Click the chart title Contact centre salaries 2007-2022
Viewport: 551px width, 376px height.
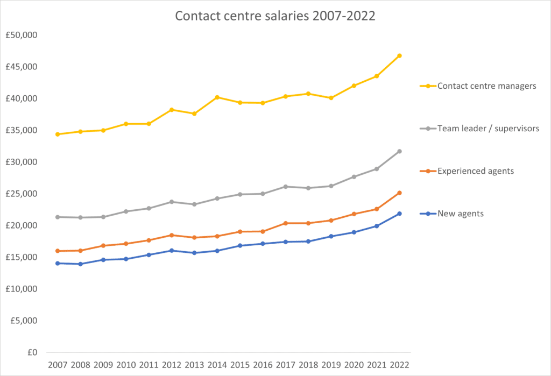275,16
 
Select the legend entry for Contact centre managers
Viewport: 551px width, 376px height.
486,86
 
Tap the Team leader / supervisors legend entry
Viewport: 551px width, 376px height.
488,128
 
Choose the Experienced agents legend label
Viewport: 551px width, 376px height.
476,171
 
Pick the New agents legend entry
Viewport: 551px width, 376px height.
461,214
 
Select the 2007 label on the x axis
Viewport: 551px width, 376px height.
57,365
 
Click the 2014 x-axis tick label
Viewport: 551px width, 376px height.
217,365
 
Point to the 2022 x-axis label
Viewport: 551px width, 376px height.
399,365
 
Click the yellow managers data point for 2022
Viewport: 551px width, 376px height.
399,55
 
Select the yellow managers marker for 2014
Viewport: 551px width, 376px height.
217,97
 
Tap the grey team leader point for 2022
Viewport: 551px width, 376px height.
399,151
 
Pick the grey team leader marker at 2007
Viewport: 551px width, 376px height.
57,217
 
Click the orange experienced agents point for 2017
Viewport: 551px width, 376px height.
285,223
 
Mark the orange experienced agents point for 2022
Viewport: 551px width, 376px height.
399,193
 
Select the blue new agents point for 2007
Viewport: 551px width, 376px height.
57,263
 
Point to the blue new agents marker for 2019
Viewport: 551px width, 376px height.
331,236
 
